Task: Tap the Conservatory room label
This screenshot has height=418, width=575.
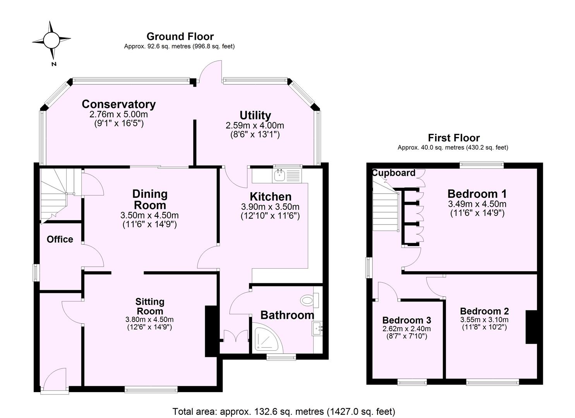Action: coord(118,104)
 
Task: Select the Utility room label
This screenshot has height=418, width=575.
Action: coord(255,115)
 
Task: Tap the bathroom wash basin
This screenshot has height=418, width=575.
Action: coord(318,329)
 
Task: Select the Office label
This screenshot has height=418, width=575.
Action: coord(60,239)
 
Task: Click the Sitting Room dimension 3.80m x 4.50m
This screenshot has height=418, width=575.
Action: coord(149,320)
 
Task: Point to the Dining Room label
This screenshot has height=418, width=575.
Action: coord(149,199)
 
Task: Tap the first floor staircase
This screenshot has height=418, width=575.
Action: coord(385,211)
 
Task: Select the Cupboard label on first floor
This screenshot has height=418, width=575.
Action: coord(393,173)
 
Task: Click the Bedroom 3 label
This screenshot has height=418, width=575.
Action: coord(406,320)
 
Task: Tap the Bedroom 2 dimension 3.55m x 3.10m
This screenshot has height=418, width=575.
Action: coord(484,320)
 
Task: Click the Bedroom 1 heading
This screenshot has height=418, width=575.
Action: coord(477,194)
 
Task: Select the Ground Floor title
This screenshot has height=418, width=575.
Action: coord(180,36)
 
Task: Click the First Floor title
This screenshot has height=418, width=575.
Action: coord(453,138)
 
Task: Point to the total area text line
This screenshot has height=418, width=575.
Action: coord(283,411)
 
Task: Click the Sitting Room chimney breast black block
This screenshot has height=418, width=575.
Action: coord(211,331)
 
